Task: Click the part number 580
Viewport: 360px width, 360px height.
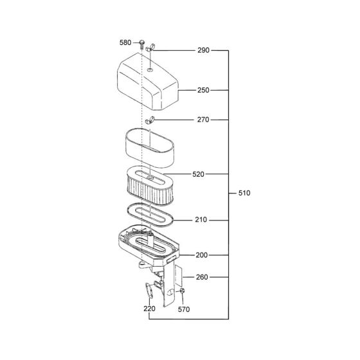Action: (x=125, y=43)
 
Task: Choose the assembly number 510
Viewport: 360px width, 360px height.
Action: (x=244, y=193)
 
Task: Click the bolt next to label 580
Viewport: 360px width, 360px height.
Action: (x=141, y=44)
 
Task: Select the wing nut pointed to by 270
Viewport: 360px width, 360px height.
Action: (x=150, y=120)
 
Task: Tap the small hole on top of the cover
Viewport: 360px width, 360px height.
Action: (x=149, y=67)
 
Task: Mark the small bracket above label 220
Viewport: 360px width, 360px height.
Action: (x=149, y=289)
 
